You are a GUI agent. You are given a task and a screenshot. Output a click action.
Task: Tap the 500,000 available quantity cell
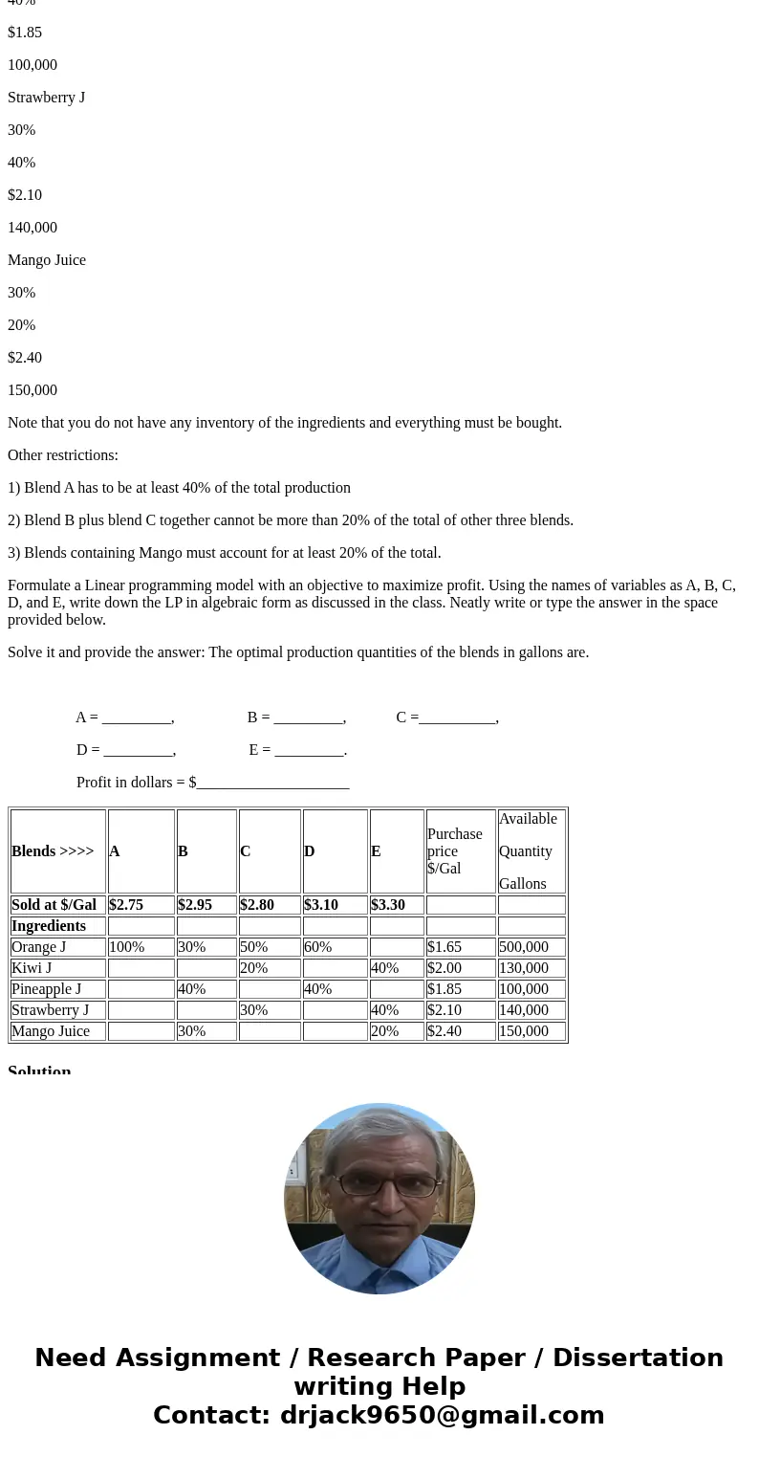click(524, 947)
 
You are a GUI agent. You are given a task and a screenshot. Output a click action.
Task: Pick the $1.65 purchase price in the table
click(445, 947)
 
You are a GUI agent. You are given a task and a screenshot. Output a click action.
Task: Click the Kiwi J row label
click(32, 968)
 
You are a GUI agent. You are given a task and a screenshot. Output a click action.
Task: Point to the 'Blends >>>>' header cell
click(53, 851)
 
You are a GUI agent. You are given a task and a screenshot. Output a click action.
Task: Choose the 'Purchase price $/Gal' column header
click(455, 851)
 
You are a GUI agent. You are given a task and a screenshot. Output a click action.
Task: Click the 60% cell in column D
click(318, 947)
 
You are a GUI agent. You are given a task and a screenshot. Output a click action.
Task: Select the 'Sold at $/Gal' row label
click(54, 905)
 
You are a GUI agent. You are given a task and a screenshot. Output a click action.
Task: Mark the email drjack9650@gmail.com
click(442, 1416)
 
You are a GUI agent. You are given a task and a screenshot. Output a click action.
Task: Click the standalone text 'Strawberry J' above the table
click(46, 98)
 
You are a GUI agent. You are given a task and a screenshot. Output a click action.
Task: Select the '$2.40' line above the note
click(25, 358)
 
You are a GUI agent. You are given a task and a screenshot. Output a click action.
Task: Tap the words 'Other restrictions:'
click(63, 455)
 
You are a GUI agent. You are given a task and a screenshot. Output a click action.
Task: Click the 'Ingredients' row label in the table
click(49, 926)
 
